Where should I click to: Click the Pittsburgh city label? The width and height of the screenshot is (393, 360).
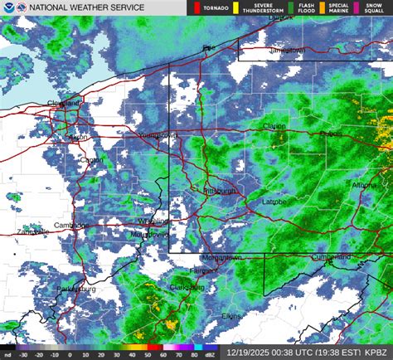tap(220, 191)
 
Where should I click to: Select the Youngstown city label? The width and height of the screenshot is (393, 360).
tap(158, 134)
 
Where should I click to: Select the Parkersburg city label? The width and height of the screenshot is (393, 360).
tap(75, 289)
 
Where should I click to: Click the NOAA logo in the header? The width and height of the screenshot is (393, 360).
tap(8, 7)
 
